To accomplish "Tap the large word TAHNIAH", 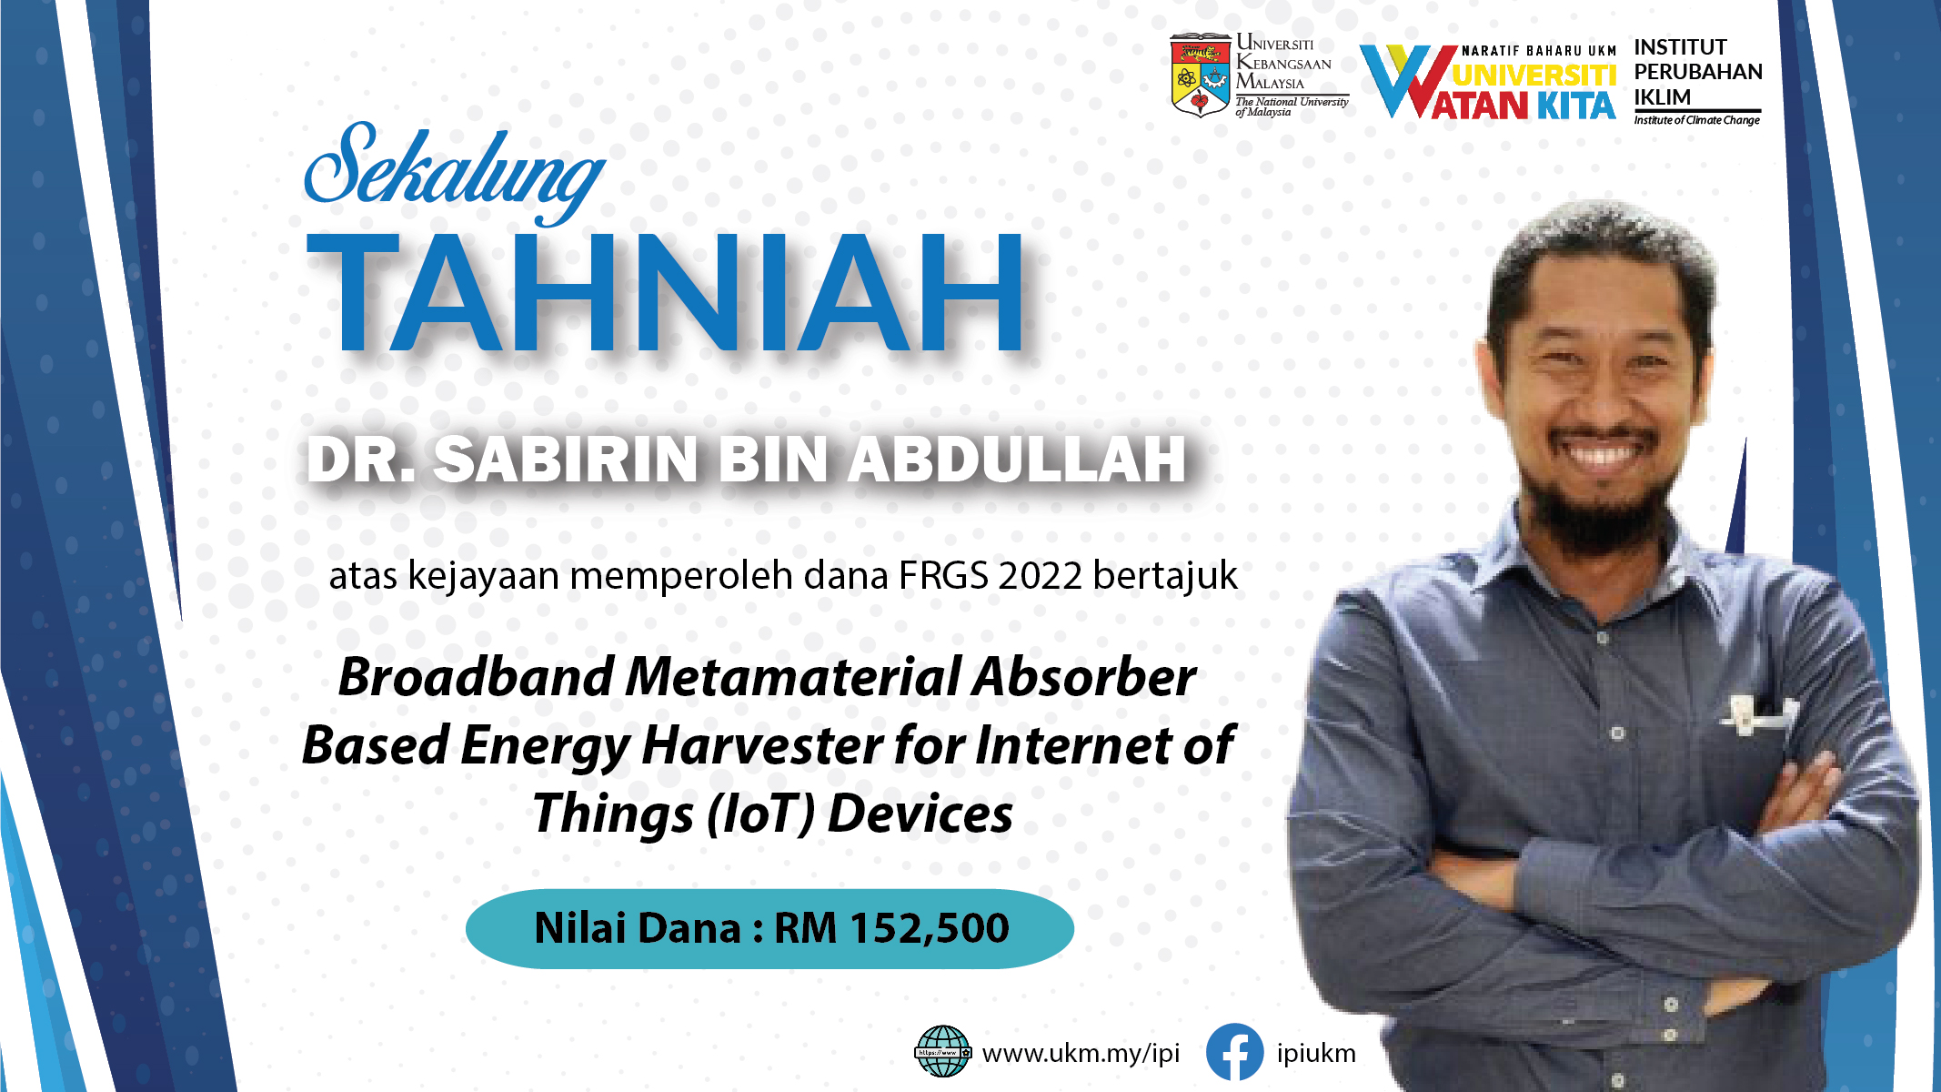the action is (x=667, y=291).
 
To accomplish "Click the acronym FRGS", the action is (x=944, y=576).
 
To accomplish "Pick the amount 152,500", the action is (x=929, y=928).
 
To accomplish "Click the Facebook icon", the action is (x=1234, y=1052).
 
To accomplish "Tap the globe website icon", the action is (x=942, y=1051).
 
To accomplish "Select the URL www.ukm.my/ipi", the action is (x=1081, y=1054).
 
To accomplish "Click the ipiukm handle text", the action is (x=1316, y=1054).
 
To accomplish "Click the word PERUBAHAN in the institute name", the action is (x=1698, y=72).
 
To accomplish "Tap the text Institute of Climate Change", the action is (x=1697, y=120).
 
